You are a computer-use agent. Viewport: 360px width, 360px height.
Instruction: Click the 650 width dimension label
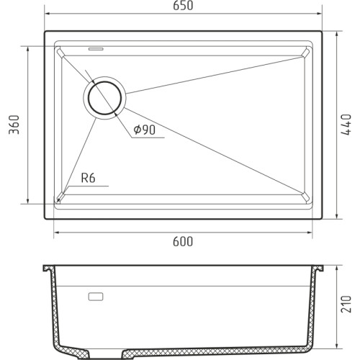[183, 6]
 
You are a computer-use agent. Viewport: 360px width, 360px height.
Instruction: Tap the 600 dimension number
[183, 241]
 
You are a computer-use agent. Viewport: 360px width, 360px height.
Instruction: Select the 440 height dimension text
[346, 125]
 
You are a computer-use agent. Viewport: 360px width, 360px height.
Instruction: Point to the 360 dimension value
[14, 125]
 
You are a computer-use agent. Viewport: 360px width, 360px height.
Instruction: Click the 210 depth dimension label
[346, 304]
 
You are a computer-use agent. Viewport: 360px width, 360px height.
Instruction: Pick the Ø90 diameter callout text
[145, 130]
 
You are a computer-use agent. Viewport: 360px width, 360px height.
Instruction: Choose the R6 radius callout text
[88, 178]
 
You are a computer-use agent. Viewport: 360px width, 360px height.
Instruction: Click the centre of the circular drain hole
[104, 98]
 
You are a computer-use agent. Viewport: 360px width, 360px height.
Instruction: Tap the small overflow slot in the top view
[96, 49]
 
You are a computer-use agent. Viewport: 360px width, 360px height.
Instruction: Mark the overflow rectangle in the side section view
[96, 297]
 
